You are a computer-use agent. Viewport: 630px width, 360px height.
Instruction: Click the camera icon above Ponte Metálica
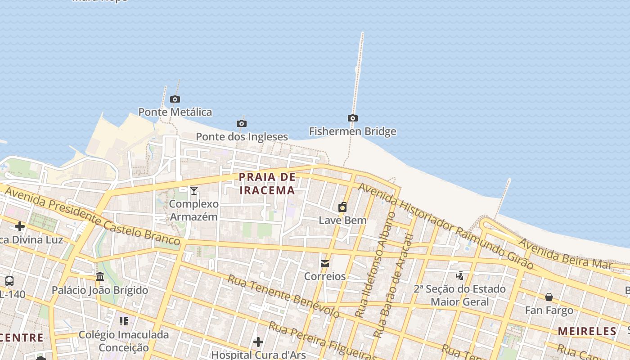click(x=175, y=99)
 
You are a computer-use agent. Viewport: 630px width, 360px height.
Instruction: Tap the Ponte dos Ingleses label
click(x=242, y=136)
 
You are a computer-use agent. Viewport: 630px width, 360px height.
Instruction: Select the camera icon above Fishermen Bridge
click(x=353, y=118)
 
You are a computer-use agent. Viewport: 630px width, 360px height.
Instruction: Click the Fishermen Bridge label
click(x=352, y=131)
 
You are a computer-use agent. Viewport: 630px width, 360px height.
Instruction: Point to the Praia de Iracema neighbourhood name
click(x=267, y=184)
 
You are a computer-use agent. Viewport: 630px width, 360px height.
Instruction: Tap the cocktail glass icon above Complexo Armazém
click(x=194, y=191)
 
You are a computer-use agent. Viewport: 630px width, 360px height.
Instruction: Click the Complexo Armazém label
click(x=193, y=210)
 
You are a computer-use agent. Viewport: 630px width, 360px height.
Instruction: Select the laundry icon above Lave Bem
click(x=342, y=207)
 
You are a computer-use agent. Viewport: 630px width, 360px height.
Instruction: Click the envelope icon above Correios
click(x=325, y=264)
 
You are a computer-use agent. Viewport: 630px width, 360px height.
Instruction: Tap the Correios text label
click(x=325, y=276)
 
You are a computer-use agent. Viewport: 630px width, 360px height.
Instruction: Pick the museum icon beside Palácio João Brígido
click(x=100, y=276)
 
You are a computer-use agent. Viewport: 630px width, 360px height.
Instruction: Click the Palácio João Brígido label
click(x=100, y=290)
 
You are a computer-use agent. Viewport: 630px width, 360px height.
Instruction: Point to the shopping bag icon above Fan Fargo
click(x=549, y=297)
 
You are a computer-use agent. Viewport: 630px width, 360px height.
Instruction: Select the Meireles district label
click(x=587, y=332)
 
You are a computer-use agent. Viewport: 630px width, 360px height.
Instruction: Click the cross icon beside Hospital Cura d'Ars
click(x=258, y=342)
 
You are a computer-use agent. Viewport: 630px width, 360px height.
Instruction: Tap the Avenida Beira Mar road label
click(x=564, y=254)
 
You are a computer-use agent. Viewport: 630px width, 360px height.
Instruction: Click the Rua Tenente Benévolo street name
click(x=283, y=296)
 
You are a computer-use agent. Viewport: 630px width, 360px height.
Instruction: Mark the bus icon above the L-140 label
click(x=9, y=281)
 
